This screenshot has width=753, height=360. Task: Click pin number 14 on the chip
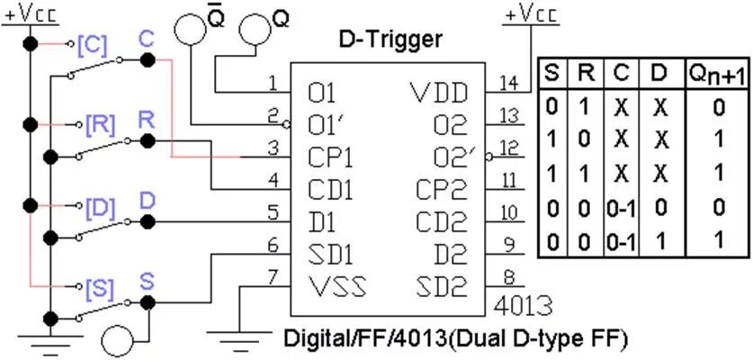[509, 84]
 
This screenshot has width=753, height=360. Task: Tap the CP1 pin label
[330, 157]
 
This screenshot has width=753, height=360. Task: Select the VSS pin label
[336, 287]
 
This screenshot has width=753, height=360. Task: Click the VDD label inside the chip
[439, 93]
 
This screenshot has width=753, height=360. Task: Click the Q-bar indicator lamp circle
[190, 26]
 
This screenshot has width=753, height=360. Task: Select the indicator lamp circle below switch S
[118, 340]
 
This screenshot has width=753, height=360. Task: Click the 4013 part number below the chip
[523, 304]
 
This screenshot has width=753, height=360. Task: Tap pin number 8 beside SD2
[509, 278]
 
